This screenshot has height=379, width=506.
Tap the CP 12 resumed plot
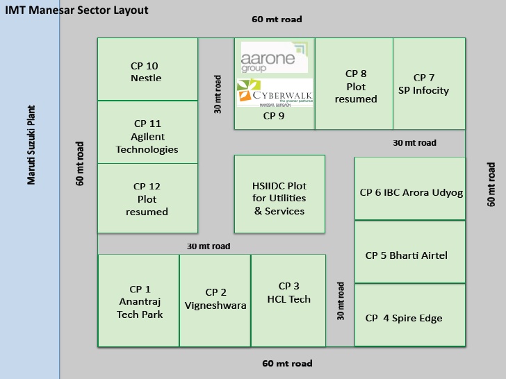pyautogui.click(x=147, y=198)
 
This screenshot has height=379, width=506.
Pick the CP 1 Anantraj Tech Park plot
pyautogui.click(x=139, y=301)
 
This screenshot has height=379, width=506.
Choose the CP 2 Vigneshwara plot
pyautogui.click(x=215, y=300)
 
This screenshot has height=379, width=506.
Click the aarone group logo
pyautogui.click(x=268, y=57)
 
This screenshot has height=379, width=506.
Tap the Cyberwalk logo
pyautogui.click(x=275, y=93)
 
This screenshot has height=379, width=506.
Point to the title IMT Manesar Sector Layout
pyautogui.click(x=76, y=10)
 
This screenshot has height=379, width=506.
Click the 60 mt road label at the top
pyautogui.click(x=277, y=19)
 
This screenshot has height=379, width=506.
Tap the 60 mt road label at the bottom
pyautogui.click(x=287, y=363)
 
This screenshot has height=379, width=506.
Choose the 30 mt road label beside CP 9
pyautogui.click(x=218, y=94)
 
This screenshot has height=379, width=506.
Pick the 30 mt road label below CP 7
pyautogui.click(x=414, y=142)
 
